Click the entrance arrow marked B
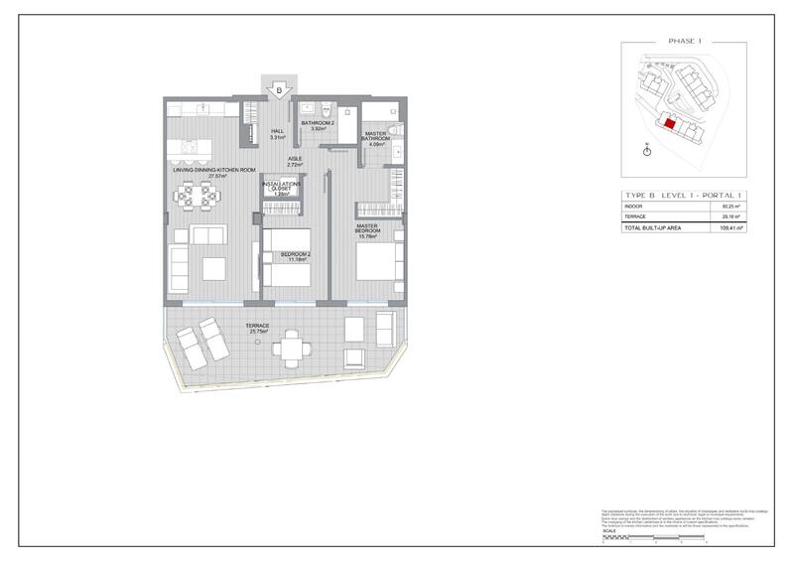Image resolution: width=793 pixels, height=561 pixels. point(279,90)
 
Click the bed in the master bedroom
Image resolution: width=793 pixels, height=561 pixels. point(378,255)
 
